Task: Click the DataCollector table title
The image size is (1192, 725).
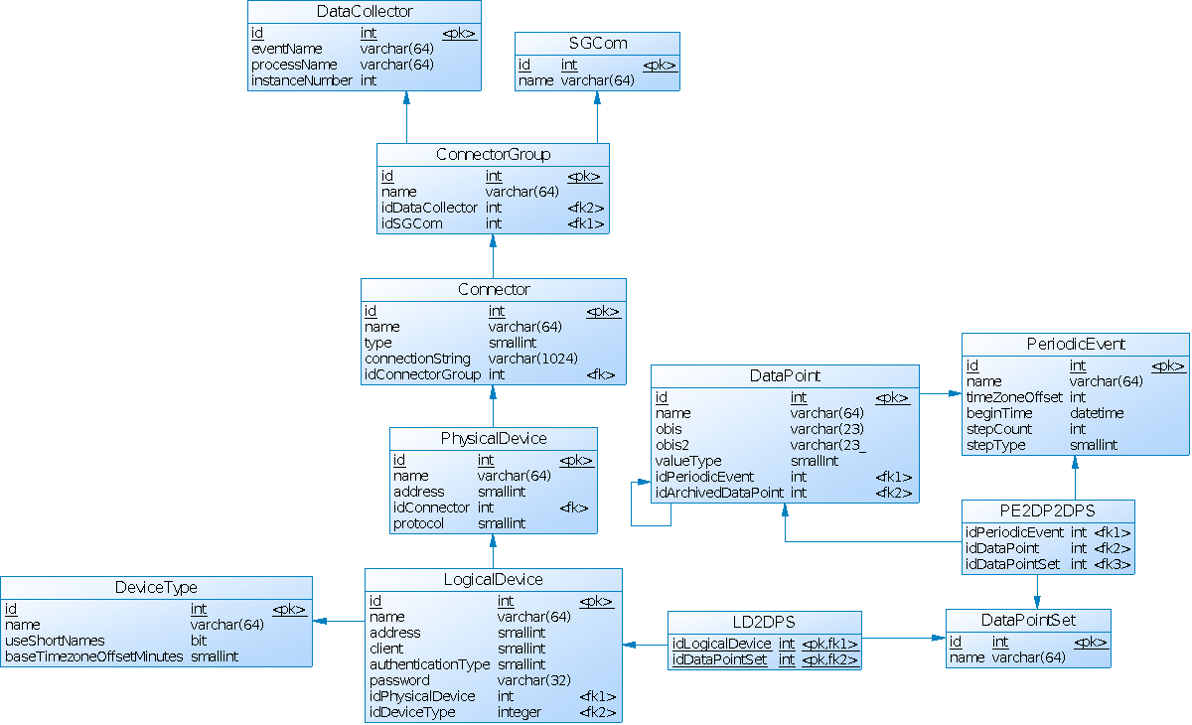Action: click(365, 12)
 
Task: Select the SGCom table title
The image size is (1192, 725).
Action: click(597, 44)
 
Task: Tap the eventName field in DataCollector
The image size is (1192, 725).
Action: click(287, 49)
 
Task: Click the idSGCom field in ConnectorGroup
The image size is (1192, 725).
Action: click(411, 223)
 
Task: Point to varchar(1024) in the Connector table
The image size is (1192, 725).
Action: click(533, 359)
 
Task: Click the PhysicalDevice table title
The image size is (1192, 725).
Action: click(494, 439)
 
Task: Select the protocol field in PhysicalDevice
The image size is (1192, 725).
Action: click(418, 523)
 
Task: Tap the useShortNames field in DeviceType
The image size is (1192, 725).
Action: click(55, 641)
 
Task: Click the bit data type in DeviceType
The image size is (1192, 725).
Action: click(199, 641)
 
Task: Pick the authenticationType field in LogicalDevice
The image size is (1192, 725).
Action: click(430, 664)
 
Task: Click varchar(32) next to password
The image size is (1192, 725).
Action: click(533, 680)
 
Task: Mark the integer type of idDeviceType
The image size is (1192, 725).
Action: click(520, 712)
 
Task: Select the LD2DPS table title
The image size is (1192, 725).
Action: click(765, 623)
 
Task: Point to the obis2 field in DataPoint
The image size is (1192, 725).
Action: click(672, 445)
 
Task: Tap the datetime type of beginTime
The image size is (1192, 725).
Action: click(1097, 413)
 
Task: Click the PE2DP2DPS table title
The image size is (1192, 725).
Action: click(1048, 511)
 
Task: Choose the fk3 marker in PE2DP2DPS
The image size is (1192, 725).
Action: click(1113, 564)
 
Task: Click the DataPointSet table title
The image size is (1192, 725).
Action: click(1028, 621)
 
